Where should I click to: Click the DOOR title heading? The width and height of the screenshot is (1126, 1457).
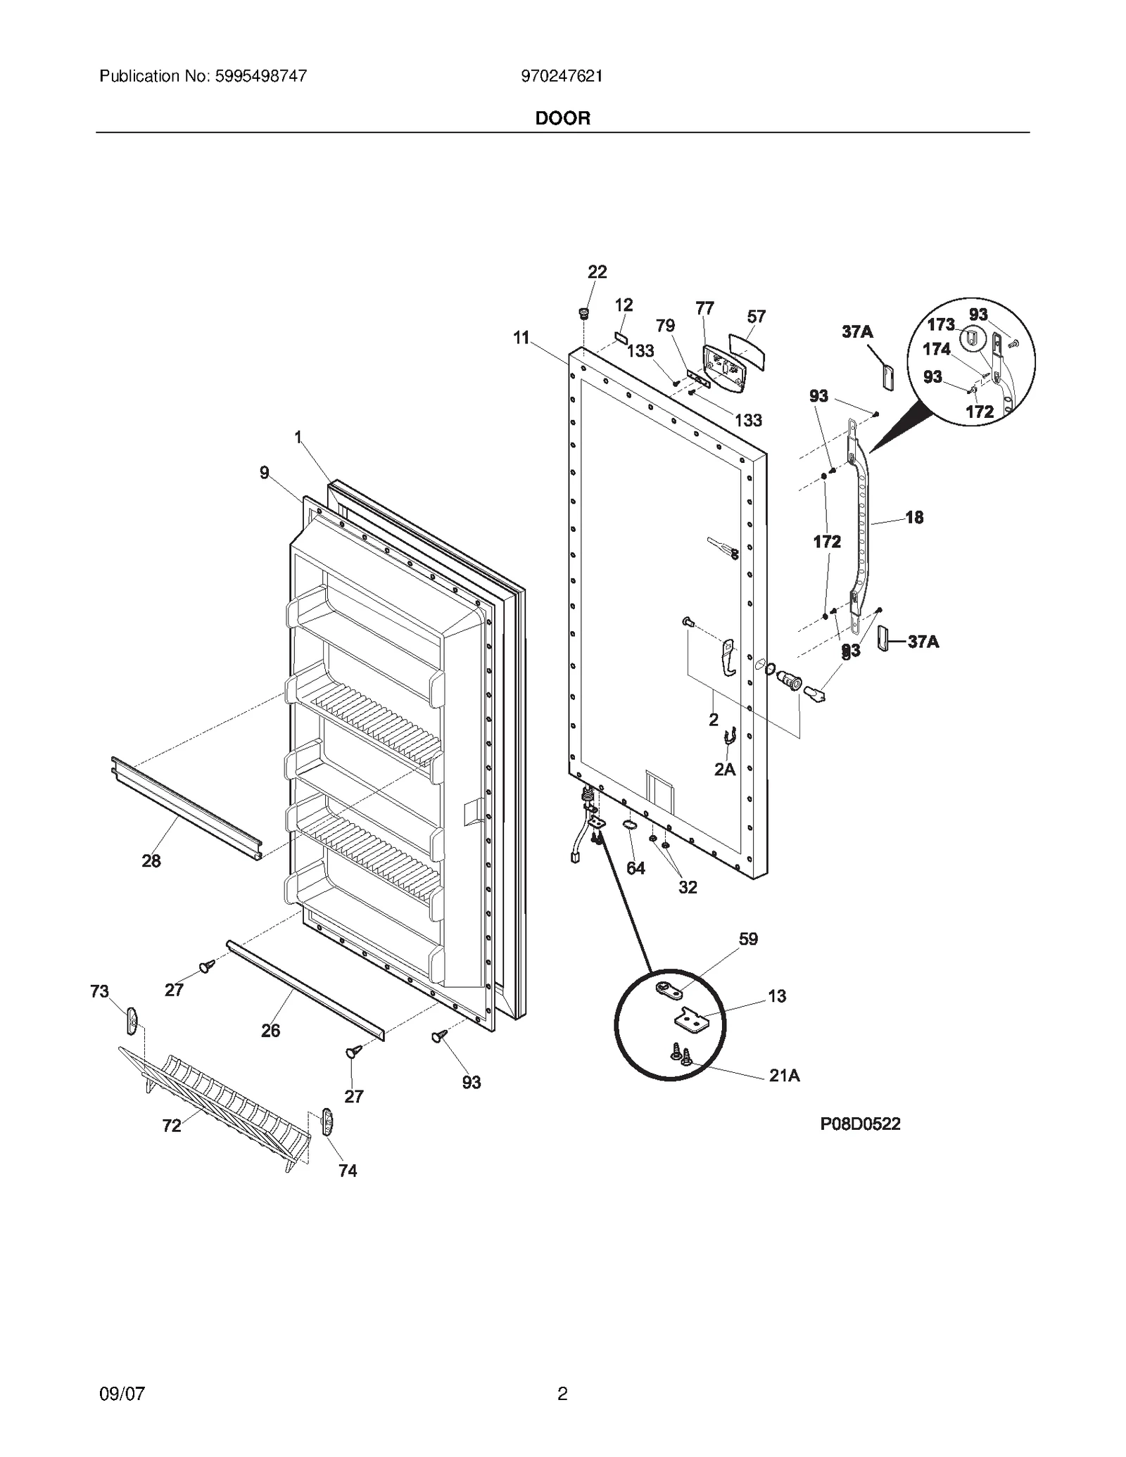562,118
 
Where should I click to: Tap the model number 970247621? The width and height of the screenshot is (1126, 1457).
562,76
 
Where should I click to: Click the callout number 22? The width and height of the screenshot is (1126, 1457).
597,272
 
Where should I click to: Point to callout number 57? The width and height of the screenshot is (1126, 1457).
756,317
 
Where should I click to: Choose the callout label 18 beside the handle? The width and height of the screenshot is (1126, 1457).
913,518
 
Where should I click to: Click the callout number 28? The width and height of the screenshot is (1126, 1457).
151,860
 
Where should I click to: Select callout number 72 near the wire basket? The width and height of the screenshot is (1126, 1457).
172,1126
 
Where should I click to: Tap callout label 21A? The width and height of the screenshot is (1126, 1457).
784,1076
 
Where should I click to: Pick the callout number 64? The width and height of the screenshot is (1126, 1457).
635,868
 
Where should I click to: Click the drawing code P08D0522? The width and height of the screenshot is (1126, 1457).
860,1124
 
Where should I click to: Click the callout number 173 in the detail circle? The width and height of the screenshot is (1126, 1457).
940,324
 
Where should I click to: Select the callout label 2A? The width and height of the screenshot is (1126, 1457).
725,770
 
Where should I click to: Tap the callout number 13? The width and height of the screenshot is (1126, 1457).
777,996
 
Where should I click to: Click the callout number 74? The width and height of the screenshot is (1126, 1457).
348,1171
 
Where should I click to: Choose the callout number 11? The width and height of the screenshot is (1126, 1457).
521,338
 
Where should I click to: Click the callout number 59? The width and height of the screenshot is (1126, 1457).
748,939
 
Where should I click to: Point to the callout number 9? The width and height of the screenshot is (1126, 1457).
264,473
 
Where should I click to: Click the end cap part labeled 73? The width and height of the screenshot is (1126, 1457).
132,1020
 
